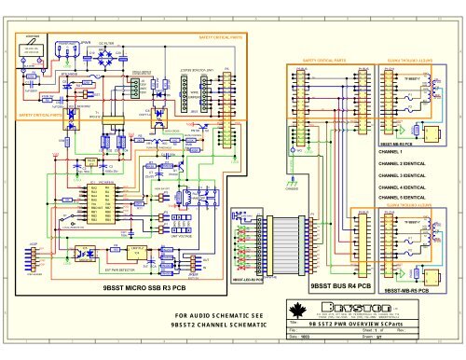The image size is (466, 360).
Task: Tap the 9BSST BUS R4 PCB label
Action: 340,284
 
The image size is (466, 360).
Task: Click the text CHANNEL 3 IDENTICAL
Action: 403,174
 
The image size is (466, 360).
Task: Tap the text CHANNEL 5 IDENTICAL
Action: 403,198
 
